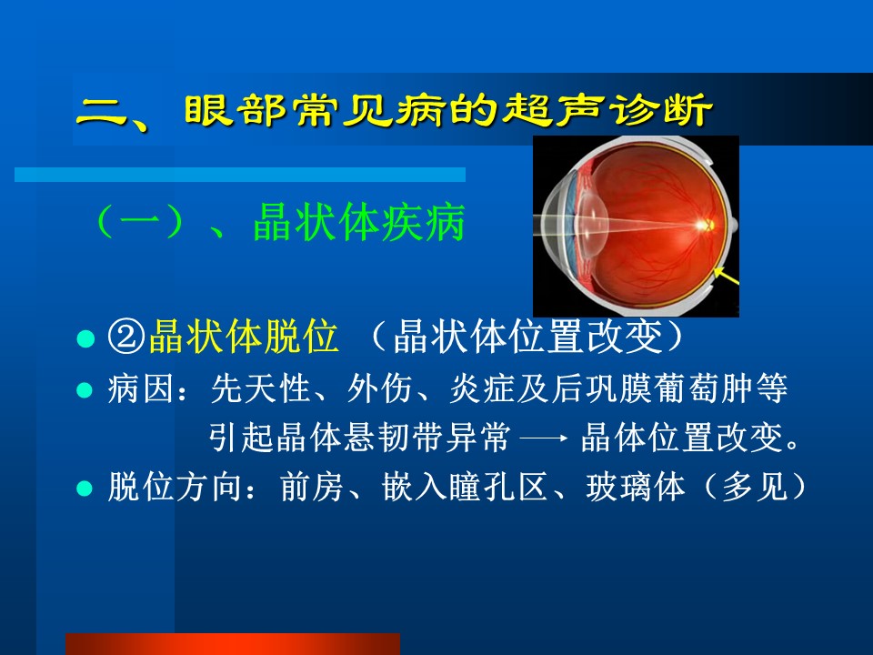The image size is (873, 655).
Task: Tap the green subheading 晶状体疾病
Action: (359, 223)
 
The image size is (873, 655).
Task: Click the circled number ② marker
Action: (127, 336)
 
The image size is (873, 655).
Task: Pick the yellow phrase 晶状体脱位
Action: (244, 336)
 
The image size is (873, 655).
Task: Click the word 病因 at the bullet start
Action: (141, 388)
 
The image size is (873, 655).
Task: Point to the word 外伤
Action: (380, 388)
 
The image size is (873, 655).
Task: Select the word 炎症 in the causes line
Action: (482, 388)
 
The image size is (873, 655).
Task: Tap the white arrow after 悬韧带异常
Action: (544, 438)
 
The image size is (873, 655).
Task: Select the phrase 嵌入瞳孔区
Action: (466, 488)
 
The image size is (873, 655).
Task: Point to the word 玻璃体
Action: (636, 488)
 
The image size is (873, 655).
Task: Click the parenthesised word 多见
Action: (755, 488)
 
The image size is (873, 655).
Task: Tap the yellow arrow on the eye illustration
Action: (727, 277)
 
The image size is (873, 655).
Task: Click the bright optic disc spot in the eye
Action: (706, 225)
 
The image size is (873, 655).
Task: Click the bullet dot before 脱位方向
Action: (85, 489)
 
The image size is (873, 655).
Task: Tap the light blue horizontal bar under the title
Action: (240, 175)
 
